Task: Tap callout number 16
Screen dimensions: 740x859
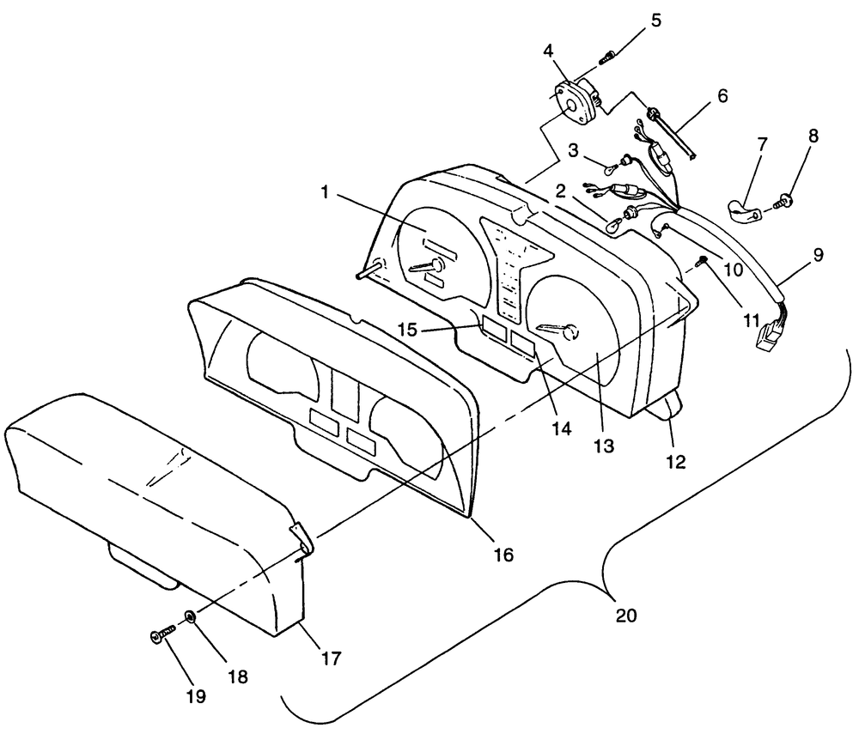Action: pyautogui.click(x=503, y=555)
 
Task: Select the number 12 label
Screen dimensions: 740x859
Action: pyautogui.click(x=675, y=461)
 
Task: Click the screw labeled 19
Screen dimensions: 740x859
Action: pyautogui.click(x=161, y=635)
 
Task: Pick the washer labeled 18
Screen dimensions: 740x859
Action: pyautogui.click(x=190, y=616)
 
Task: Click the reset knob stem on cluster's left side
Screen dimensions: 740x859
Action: pyautogui.click(x=364, y=274)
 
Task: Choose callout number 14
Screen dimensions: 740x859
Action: pyautogui.click(x=561, y=428)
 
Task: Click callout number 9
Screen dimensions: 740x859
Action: pyautogui.click(x=818, y=255)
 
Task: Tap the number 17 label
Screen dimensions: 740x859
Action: pyautogui.click(x=331, y=658)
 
